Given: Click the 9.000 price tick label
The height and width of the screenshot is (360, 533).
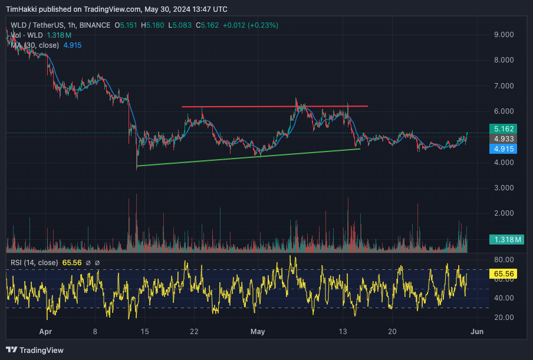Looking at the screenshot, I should (505, 35).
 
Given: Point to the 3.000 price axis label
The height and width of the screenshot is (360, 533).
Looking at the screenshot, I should (505, 188).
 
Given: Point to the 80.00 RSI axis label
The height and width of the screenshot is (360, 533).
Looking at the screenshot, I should (505, 259).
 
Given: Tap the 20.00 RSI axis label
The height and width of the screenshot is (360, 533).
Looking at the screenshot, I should (505, 318).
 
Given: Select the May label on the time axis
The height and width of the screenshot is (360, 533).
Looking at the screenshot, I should (258, 332).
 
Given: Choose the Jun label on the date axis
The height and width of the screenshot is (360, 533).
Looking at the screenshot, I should (477, 332).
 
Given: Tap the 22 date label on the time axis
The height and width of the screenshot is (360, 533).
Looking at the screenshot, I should (194, 332).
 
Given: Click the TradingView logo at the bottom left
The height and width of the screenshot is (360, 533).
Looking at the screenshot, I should (35, 350).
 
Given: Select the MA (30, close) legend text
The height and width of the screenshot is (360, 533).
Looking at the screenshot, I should (35, 45).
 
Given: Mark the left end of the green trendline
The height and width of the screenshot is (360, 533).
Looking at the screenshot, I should (137, 166).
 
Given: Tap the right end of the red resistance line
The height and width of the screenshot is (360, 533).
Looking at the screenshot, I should (368, 106).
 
